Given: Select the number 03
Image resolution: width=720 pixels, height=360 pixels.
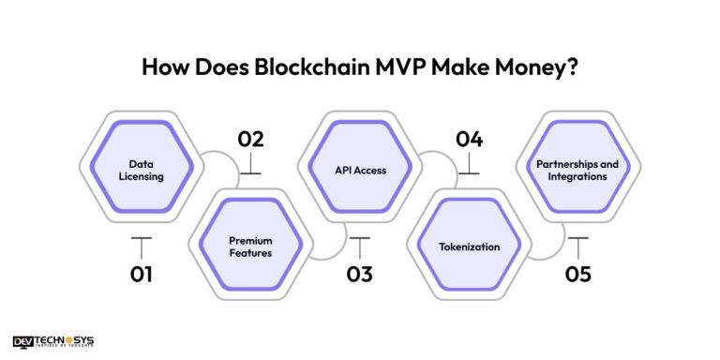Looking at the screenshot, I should (358, 274).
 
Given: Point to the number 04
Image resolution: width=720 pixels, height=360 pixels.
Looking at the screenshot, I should (468, 140).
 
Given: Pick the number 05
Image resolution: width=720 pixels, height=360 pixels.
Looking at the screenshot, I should (577, 274).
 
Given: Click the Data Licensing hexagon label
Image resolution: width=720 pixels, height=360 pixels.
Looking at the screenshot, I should (141, 170).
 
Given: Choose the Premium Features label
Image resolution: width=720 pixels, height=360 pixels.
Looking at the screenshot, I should (250, 247).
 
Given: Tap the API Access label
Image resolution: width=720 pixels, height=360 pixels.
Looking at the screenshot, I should (360, 170).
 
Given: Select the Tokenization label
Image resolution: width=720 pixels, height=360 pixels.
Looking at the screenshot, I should (470, 247).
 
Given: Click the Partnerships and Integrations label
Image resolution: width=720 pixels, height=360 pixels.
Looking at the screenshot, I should (577, 170).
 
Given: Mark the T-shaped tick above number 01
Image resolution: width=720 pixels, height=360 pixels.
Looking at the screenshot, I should (141, 246).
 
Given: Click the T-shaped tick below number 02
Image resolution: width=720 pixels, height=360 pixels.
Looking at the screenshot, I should (249, 166).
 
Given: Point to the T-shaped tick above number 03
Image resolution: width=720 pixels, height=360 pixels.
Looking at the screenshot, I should (359, 246).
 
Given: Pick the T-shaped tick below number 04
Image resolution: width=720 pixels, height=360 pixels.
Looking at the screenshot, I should (468, 166).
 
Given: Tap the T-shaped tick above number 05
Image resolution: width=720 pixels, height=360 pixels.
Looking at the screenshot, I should (577, 246).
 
